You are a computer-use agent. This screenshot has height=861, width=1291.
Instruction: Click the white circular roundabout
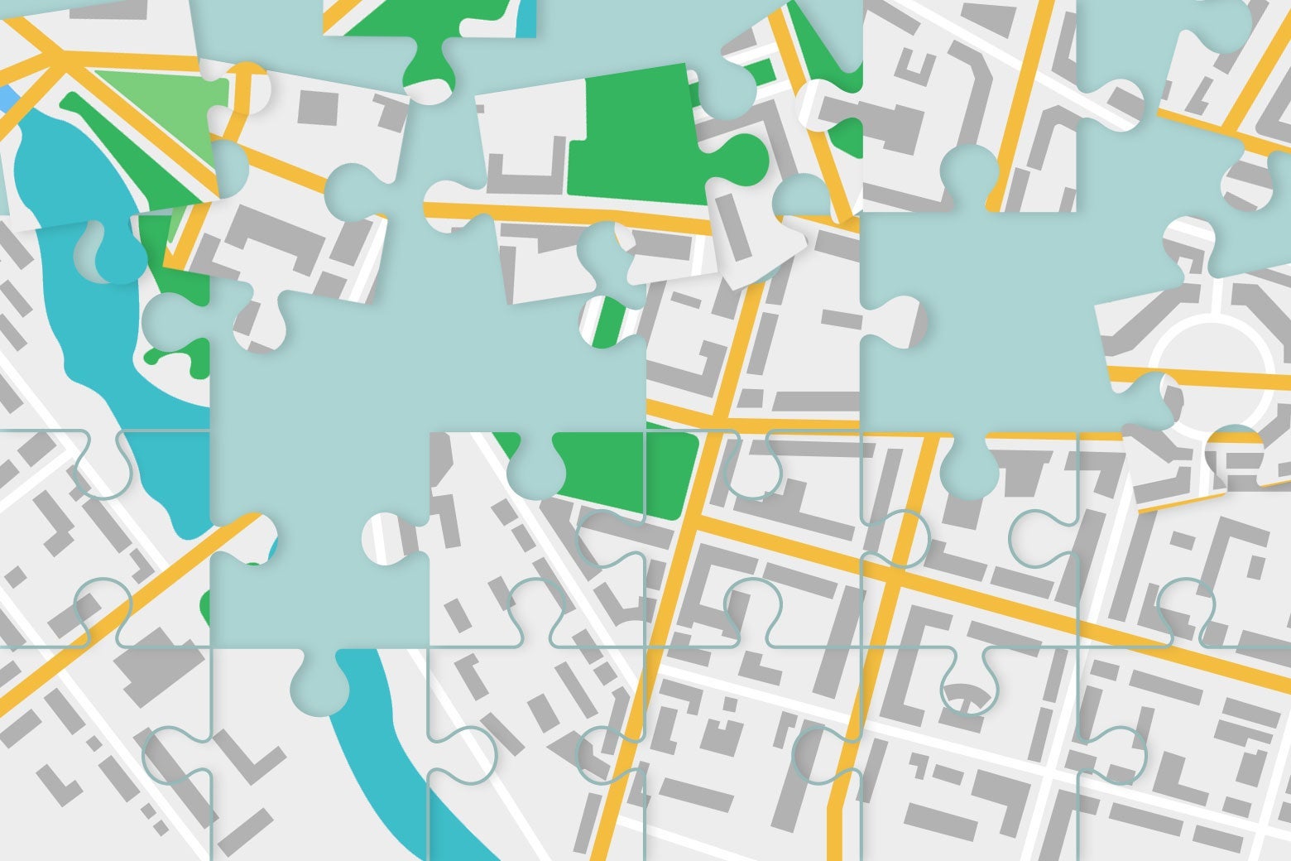[1213, 364]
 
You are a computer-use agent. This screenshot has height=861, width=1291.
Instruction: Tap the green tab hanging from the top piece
[430, 66]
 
